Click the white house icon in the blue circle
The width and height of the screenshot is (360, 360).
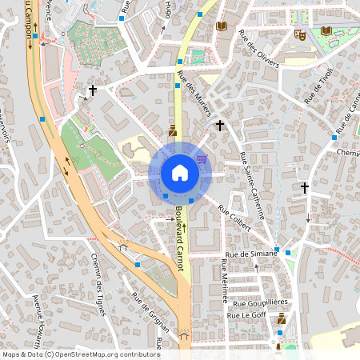tap(179, 173)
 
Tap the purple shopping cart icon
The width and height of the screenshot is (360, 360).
tap(201, 158)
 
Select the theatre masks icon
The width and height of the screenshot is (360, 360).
tap(300, 34)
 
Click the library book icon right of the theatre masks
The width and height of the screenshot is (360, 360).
tap(326, 30)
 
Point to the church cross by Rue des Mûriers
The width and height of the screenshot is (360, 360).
tap(219, 125)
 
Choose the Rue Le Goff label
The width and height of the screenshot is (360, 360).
tap(246, 315)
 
